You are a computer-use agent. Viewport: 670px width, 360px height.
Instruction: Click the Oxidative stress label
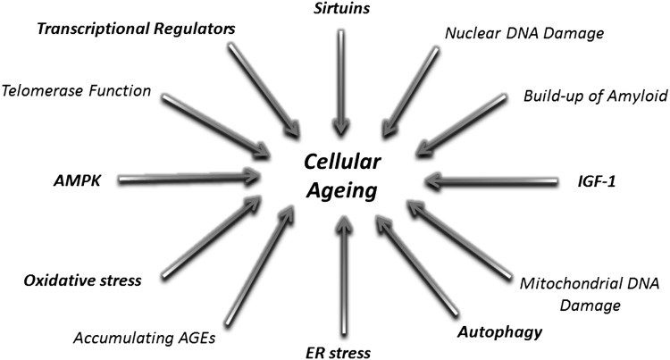coord(83,280)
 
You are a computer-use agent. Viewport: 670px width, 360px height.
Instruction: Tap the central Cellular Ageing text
coord(337,177)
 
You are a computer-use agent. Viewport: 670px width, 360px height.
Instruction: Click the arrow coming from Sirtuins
coord(339,80)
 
